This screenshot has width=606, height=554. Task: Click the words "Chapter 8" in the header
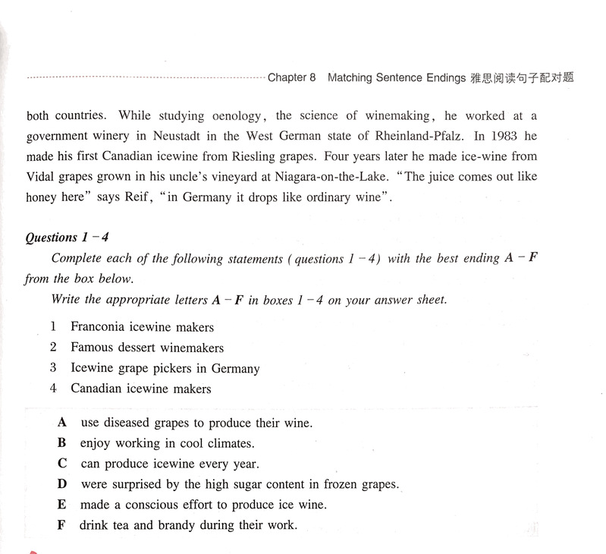pyautogui.click(x=291, y=77)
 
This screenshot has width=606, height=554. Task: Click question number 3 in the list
pyautogui.click(x=53, y=368)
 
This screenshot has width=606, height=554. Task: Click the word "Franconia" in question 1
pyautogui.click(x=99, y=327)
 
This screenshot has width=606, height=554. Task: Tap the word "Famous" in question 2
pyautogui.click(x=92, y=348)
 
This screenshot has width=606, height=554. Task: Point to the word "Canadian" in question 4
pyautogui.click(x=97, y=389)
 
